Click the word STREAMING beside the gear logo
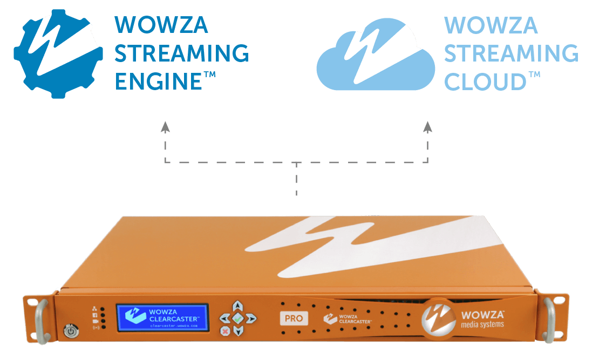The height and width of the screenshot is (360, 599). tap(182, 53)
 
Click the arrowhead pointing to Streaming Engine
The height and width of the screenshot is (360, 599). tap(165, 127)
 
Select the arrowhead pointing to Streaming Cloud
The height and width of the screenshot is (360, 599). tap(428, 127)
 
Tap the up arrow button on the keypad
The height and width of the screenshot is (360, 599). tap(237, 307)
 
